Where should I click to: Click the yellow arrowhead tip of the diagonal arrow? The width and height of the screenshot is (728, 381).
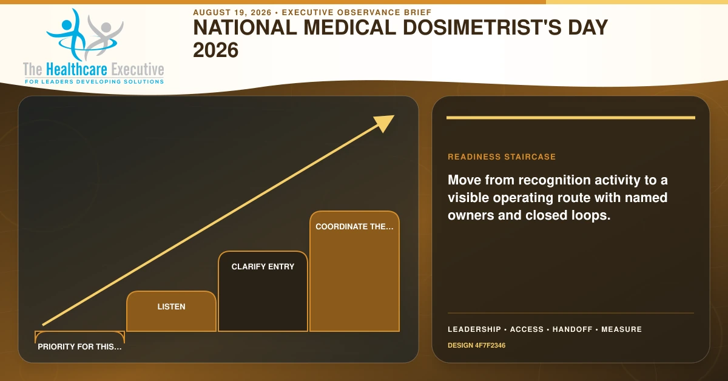pos(394,115)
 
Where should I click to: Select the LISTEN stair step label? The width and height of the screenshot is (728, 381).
pos(171,306)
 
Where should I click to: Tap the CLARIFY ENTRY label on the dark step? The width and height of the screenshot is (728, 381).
pos(263,266)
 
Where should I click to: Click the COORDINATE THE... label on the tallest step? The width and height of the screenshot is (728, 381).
pos(354,226)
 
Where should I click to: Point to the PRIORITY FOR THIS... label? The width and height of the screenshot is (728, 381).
pos(79,346)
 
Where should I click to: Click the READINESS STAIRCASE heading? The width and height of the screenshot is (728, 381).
pos(502,157)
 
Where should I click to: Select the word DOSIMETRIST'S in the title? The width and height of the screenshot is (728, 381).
pos(482,27)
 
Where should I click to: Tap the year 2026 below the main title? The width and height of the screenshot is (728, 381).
pos(216,50)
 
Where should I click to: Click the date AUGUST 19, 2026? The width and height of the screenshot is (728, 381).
pos(232,12)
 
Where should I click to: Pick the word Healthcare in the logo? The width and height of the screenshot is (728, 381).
pos(76,69)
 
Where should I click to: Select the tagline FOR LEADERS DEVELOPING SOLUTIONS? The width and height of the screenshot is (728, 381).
pos(94,81)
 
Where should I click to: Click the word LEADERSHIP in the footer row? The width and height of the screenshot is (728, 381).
pos(474,329)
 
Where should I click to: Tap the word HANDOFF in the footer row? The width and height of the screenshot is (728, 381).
pos(572,329)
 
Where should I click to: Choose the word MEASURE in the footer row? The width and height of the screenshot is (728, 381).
pos(621,329)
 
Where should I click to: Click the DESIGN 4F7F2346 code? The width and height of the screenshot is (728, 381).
pos(476,345)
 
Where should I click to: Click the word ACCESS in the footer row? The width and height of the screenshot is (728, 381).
pos(527,329)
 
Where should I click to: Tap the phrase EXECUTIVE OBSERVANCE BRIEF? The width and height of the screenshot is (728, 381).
pos(357,12)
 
